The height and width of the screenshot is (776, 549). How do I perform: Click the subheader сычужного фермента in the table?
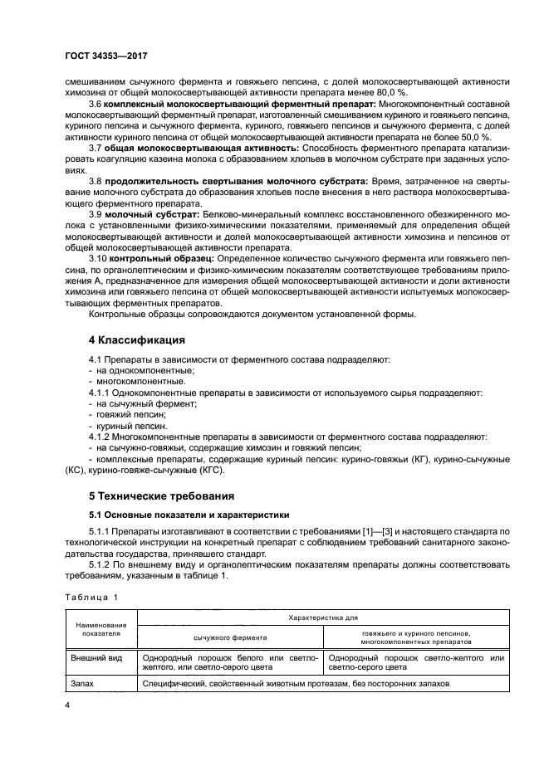(230, 637)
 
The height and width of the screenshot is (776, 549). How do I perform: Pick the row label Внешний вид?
(99, 657)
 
